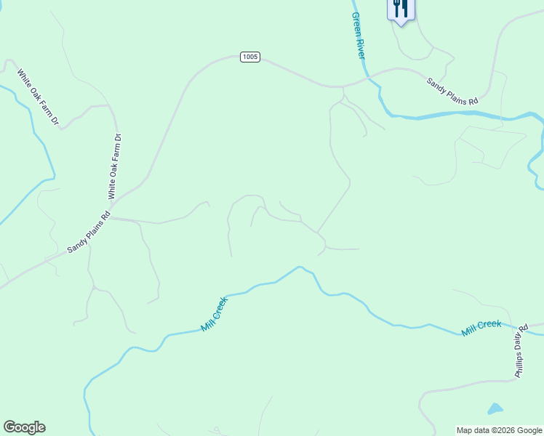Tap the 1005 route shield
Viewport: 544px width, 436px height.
coord(249,57)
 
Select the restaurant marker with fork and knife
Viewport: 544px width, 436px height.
coord(400,9)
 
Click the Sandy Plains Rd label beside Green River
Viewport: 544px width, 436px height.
coord(452,92)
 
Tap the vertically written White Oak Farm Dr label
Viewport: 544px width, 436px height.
coord(115,166)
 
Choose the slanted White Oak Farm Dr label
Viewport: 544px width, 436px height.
coord(38,97)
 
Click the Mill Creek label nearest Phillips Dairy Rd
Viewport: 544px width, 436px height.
coord(481,328)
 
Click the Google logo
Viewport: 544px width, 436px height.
coord(24,427)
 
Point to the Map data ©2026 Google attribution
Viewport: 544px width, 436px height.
coord(499,430)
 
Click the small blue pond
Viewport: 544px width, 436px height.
coord(495,409)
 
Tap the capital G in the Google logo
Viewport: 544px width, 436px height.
coord(9,427)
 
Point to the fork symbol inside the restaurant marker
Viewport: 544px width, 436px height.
coord(397,7)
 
